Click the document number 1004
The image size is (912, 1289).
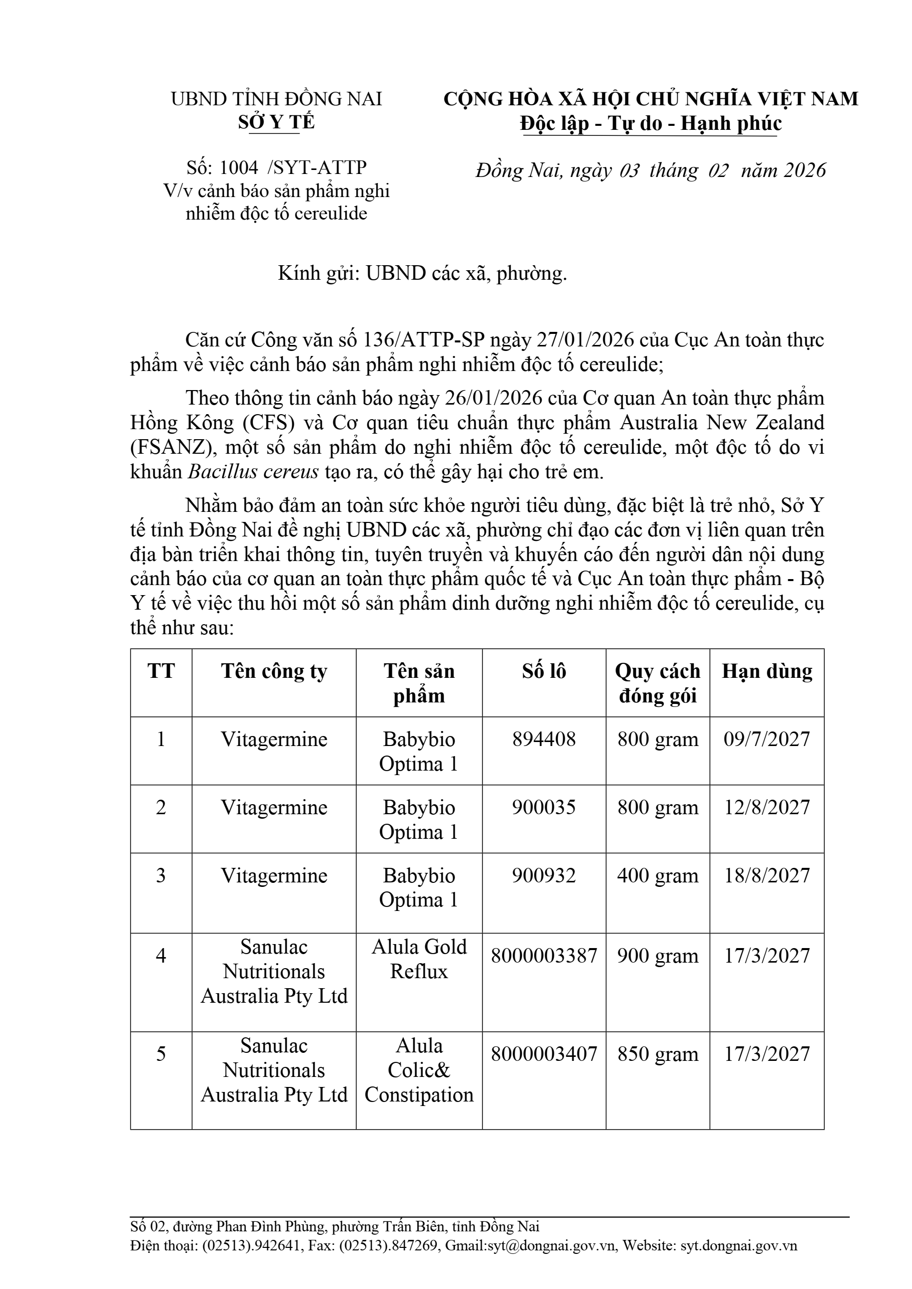click(x=239, y=167)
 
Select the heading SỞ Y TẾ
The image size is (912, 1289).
click(x=276, y=122)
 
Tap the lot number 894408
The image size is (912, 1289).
click(x=544, y=739)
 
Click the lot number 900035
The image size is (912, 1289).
click(x=544, y=807)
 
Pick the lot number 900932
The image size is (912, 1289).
click(x=544, y=875)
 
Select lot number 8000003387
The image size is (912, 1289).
click(x=544, y=956)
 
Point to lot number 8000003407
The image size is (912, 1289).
click(x=544, y=1054)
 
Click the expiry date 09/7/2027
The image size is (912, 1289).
click(x=767, y=739)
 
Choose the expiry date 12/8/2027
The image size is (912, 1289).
click(x=767, y=807)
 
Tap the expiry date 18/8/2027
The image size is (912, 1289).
click(x=767, y=875)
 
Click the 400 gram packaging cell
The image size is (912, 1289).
click(x=658, y=875)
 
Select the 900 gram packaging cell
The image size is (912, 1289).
click(x=658, y=956)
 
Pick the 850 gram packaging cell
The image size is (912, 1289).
click(x=658, y=1054)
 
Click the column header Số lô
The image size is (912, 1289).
click(x=544, y=671)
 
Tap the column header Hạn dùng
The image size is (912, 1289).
click(x=767, y=671)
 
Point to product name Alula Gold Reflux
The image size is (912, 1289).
click(x=419, y=959)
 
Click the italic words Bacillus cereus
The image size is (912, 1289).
click(x=253, y=472)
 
